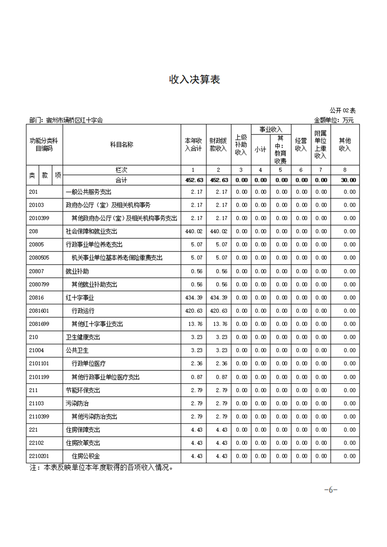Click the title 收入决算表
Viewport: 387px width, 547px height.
[x=194, y=79]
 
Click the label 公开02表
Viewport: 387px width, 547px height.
[x=343, y=111]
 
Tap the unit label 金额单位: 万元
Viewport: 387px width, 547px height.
[x=333, y=120]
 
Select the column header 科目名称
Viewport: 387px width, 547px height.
[x=122, y=145]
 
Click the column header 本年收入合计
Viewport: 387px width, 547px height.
[x=193, y=145]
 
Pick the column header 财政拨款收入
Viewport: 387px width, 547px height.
[x=218, y=145]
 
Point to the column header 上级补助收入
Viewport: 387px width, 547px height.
[x=241, y=145]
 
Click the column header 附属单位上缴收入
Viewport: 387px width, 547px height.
[x=321, y=145]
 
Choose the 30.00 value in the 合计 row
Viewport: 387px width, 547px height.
[x=348, y=180]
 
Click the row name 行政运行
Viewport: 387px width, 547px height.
[x=83, y=311]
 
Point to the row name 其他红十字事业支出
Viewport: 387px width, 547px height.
[x=97, y=324]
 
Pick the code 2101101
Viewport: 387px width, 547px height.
[x=39, y=363]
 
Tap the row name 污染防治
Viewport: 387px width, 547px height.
[x=77, y=403]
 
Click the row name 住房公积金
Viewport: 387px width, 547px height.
[x=86, y=456]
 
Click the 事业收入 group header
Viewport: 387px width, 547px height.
[x=271, y=129]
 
